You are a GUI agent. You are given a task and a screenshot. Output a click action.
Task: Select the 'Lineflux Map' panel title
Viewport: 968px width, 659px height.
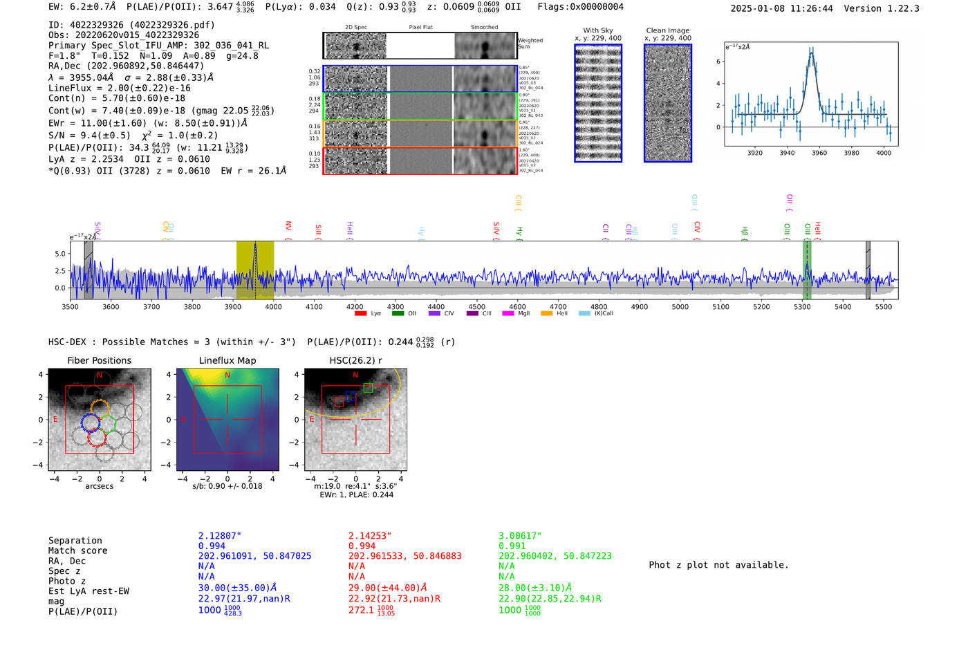pyautogui.click(x=227, y=360)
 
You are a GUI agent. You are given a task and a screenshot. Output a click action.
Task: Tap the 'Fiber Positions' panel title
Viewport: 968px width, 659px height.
pyautogui.click(x=99, y=360)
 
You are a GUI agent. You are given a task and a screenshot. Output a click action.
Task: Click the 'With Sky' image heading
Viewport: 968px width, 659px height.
pyautogui.click(x=597, y=30)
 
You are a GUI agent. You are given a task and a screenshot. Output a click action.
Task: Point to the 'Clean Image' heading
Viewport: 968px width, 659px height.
pyautogui.click(x=667, y=30)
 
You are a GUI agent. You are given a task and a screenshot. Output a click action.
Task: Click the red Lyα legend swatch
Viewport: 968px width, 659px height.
pyautogui.click(x=360, y=313)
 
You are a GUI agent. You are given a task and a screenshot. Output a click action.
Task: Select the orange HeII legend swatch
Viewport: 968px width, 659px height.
pyautogui.click(x=546, y=313)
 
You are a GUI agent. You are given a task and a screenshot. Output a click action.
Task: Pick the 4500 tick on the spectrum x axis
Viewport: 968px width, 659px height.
pyautogui.click(x=476, y=306)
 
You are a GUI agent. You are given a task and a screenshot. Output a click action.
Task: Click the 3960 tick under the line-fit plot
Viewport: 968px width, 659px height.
pyautogui.click(x=819, y=153)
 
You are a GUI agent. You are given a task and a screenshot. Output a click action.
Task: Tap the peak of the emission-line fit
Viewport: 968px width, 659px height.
pyautogui.click(x=811, y=52)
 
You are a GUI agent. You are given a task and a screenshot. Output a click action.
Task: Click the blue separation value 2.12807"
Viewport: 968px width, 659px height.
pyautogui.click(x=219, y=536)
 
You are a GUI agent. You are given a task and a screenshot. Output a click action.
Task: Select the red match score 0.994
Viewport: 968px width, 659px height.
pyautogui.click(x=362, y=546)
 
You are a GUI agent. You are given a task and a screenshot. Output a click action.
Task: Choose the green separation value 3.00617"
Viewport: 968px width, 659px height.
pyautogui.click(x=520, y=536)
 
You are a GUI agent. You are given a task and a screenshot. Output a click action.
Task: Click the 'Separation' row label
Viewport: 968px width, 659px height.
pyautogui.click(x=75, y=541)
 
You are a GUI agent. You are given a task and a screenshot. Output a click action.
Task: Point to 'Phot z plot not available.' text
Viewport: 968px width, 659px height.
pyautogui.click(x=718, y=565)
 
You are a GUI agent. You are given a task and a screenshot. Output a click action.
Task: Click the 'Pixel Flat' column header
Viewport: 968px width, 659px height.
pyautogui.click(x=420, y=27)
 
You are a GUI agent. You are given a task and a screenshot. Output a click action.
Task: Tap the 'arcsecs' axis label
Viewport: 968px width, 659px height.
pyautogui.click(x=99, y=486)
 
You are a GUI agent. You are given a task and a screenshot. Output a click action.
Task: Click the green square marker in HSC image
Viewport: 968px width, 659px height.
pyautogui.click(x=368, y=388)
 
